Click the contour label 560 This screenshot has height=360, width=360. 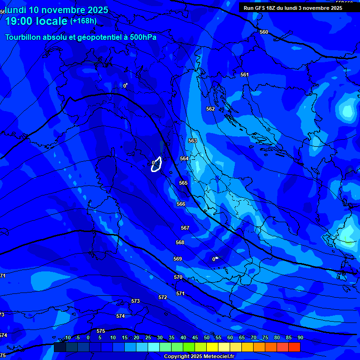264,32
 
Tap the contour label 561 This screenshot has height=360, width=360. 244,75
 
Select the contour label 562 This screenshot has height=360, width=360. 210,109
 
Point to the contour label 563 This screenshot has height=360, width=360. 193,141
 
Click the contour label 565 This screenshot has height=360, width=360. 183,183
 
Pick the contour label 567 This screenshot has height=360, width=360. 185,228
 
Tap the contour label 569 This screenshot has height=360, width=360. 178,259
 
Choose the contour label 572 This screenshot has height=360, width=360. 163,297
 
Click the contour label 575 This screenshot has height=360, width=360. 101,331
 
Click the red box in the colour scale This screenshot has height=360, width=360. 294,347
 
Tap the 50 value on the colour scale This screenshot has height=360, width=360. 207,337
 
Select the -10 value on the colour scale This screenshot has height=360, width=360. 67,337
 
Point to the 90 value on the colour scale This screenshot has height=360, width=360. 300,337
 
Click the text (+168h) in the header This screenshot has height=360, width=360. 83,21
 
